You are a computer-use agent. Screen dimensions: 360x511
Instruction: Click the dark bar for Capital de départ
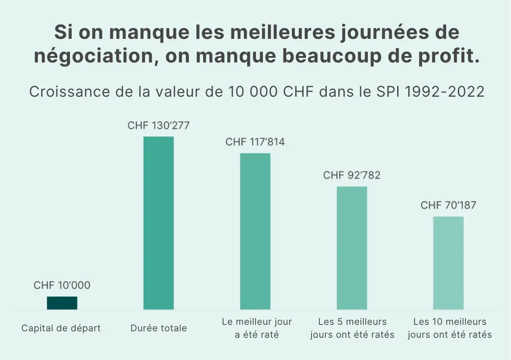62,303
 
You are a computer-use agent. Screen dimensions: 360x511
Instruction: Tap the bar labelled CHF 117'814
255,231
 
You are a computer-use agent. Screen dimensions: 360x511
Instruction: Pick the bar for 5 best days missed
352,248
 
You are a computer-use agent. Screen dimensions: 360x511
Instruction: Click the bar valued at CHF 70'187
448,263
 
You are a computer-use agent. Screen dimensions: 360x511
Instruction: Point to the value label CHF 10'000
62,286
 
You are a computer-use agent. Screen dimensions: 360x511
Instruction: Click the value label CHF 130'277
158,125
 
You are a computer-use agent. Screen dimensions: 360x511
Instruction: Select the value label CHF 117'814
255,142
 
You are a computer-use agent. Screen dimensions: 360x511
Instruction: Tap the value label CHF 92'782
352,175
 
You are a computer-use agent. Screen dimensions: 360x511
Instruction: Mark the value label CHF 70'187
448,205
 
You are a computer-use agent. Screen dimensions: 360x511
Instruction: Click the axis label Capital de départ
61,328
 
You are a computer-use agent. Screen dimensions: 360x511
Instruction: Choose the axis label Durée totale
159,328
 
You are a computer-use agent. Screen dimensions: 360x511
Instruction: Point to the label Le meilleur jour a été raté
257,328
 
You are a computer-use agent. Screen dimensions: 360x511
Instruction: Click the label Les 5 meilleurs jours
352,328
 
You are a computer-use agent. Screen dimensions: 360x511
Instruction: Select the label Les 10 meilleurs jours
449,328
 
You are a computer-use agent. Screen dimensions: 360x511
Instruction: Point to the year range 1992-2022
444,92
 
